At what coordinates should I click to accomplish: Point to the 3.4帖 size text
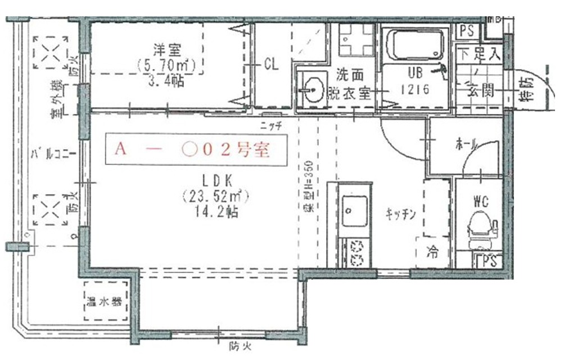[166, 82]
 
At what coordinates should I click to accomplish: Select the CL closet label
[270, 65]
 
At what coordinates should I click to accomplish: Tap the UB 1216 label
[415, 82]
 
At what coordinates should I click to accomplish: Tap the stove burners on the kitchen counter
[355, 253]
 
